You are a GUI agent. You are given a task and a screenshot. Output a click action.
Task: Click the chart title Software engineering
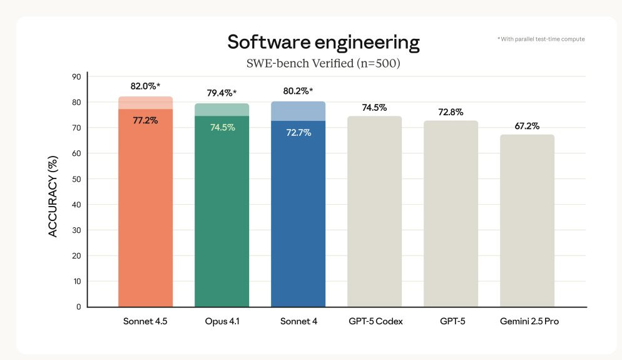[324, 43]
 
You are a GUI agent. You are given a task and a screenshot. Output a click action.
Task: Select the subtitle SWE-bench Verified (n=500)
[324, 63]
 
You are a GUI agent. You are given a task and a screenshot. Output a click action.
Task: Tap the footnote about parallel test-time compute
[541, 39]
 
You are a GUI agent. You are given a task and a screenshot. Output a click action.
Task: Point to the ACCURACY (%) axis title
[53, 197]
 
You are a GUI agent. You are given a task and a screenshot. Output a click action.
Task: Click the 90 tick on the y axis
[76, 76]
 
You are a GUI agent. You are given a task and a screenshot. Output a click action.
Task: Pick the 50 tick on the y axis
[76, 179]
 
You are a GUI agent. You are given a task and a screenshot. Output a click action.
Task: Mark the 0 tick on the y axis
[79, 307]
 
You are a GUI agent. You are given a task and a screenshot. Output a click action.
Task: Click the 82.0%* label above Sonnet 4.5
[145, 86]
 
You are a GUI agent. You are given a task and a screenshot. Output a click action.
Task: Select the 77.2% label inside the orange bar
[145, 120]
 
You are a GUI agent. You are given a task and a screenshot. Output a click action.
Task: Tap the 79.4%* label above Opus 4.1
[222, 93]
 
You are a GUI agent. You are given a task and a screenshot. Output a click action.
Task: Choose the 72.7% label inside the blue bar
[298, 133]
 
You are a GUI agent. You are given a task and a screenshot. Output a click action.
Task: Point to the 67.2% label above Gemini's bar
[527, 126]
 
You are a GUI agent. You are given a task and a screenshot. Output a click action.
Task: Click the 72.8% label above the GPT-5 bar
[451, 112]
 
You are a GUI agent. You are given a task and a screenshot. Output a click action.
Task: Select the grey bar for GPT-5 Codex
[374, 212]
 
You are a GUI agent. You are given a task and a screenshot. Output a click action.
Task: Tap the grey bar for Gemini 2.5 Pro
[527, 220]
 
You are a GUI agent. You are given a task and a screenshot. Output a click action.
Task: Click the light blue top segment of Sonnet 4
[298, 111]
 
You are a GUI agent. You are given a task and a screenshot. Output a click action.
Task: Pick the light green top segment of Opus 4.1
[222, 110]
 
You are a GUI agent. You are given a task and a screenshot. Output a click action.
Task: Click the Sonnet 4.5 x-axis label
[145, 321]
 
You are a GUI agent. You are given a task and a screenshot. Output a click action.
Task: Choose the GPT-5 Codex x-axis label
[375, 321]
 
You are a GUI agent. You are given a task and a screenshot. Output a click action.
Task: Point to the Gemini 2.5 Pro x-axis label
[529, 321]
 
